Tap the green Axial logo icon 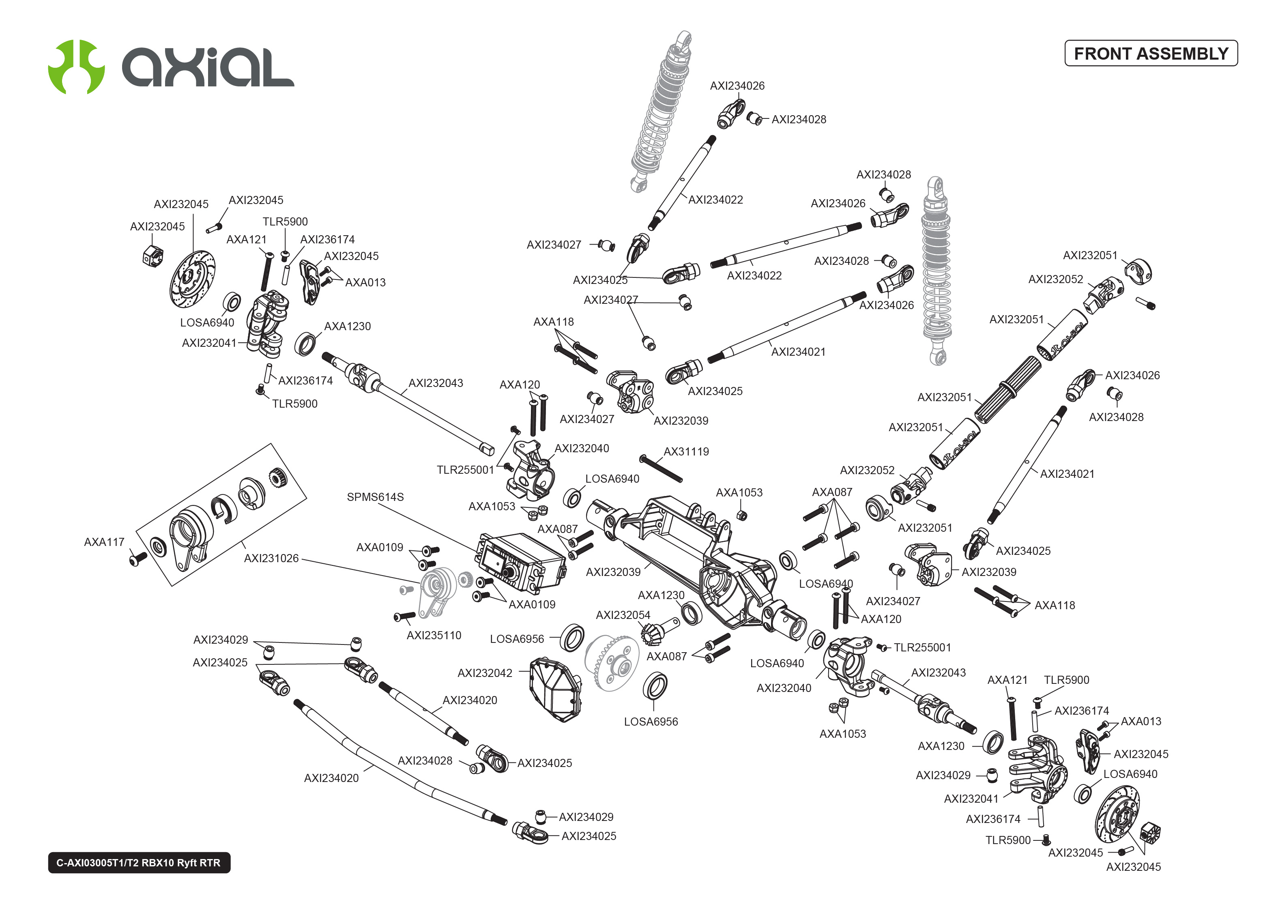(76, 67)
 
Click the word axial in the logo (208, 67)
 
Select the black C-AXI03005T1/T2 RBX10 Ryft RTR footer (139, 862)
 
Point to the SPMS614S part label (375, 497)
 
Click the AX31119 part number (686, 451)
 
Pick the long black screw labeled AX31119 (662, 469)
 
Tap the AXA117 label (104, 542)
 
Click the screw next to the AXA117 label (137, 558)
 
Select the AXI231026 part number (271, 558)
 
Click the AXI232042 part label (484, 673)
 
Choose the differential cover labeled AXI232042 (555, 689)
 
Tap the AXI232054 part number (623, 615)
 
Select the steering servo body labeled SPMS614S (520, 562)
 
